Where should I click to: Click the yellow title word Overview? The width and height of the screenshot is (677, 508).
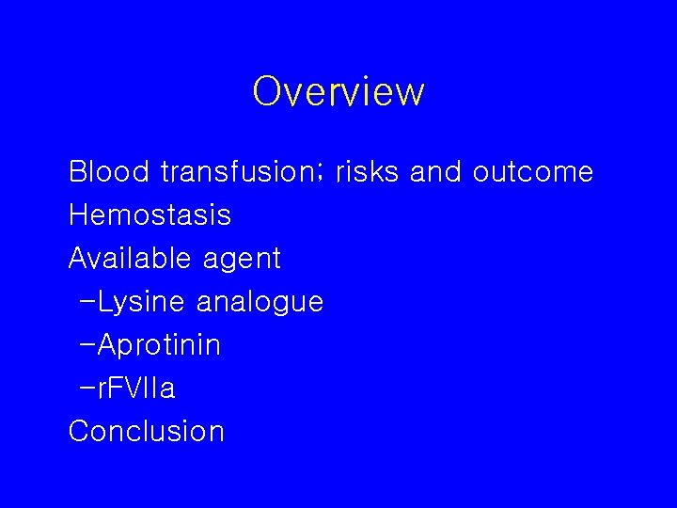coord(338,92)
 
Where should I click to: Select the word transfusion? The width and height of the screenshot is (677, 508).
coord(240,172)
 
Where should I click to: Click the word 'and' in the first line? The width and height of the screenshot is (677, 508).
coord(437,172)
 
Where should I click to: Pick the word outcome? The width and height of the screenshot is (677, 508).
coord(533,172)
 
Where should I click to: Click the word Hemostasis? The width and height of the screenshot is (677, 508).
coord(150,215)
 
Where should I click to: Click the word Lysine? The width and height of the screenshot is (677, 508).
coord(143,302)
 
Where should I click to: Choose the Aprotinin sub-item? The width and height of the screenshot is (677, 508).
coord(159,345)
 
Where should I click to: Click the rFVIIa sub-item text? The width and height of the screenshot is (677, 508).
coord(136,388)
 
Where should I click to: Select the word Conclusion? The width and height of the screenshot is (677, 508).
coord(147,431)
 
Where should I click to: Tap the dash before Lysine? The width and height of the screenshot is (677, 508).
coord(88,302)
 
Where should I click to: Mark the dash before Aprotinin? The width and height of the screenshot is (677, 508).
coord(88,344)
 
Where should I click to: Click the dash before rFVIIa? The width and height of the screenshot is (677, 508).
coord(88,388)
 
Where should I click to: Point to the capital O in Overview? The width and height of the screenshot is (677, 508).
coord(268,92)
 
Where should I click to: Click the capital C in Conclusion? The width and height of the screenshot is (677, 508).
coord(80,431)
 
